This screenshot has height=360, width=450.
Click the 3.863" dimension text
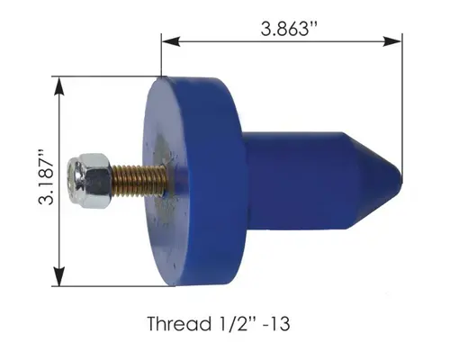coord(289,29)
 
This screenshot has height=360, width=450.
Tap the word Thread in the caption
coord(179,324)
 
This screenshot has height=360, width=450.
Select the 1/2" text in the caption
coord(236,324)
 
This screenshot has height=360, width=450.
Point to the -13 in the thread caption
coord(276,324)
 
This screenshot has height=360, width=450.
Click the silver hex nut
coord(89,181)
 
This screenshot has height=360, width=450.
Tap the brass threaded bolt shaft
coord(139,181)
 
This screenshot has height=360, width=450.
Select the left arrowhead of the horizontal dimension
coord(171,41)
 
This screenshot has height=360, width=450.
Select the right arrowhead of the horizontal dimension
coord(392,41)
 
